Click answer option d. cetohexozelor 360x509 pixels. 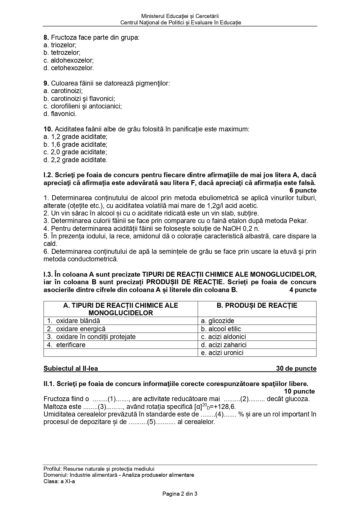point(68,68)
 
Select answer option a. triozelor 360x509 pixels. point(60,45)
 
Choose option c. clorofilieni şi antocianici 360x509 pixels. point(82,106)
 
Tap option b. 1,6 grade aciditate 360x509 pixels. point(75,144)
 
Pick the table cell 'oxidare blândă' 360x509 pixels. point(78,321)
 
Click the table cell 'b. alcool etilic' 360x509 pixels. point(221,329)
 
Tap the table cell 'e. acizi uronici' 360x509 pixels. point(222,353)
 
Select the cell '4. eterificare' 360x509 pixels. point(66,345)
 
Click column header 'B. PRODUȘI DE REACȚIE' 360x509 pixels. point(257,305)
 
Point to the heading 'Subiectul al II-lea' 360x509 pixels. point(71,369)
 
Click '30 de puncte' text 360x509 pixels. point(296,369)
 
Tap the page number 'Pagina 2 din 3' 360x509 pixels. point(180,494)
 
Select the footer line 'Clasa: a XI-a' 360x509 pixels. point(59,481)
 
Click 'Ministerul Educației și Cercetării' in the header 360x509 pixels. point(180,16)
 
